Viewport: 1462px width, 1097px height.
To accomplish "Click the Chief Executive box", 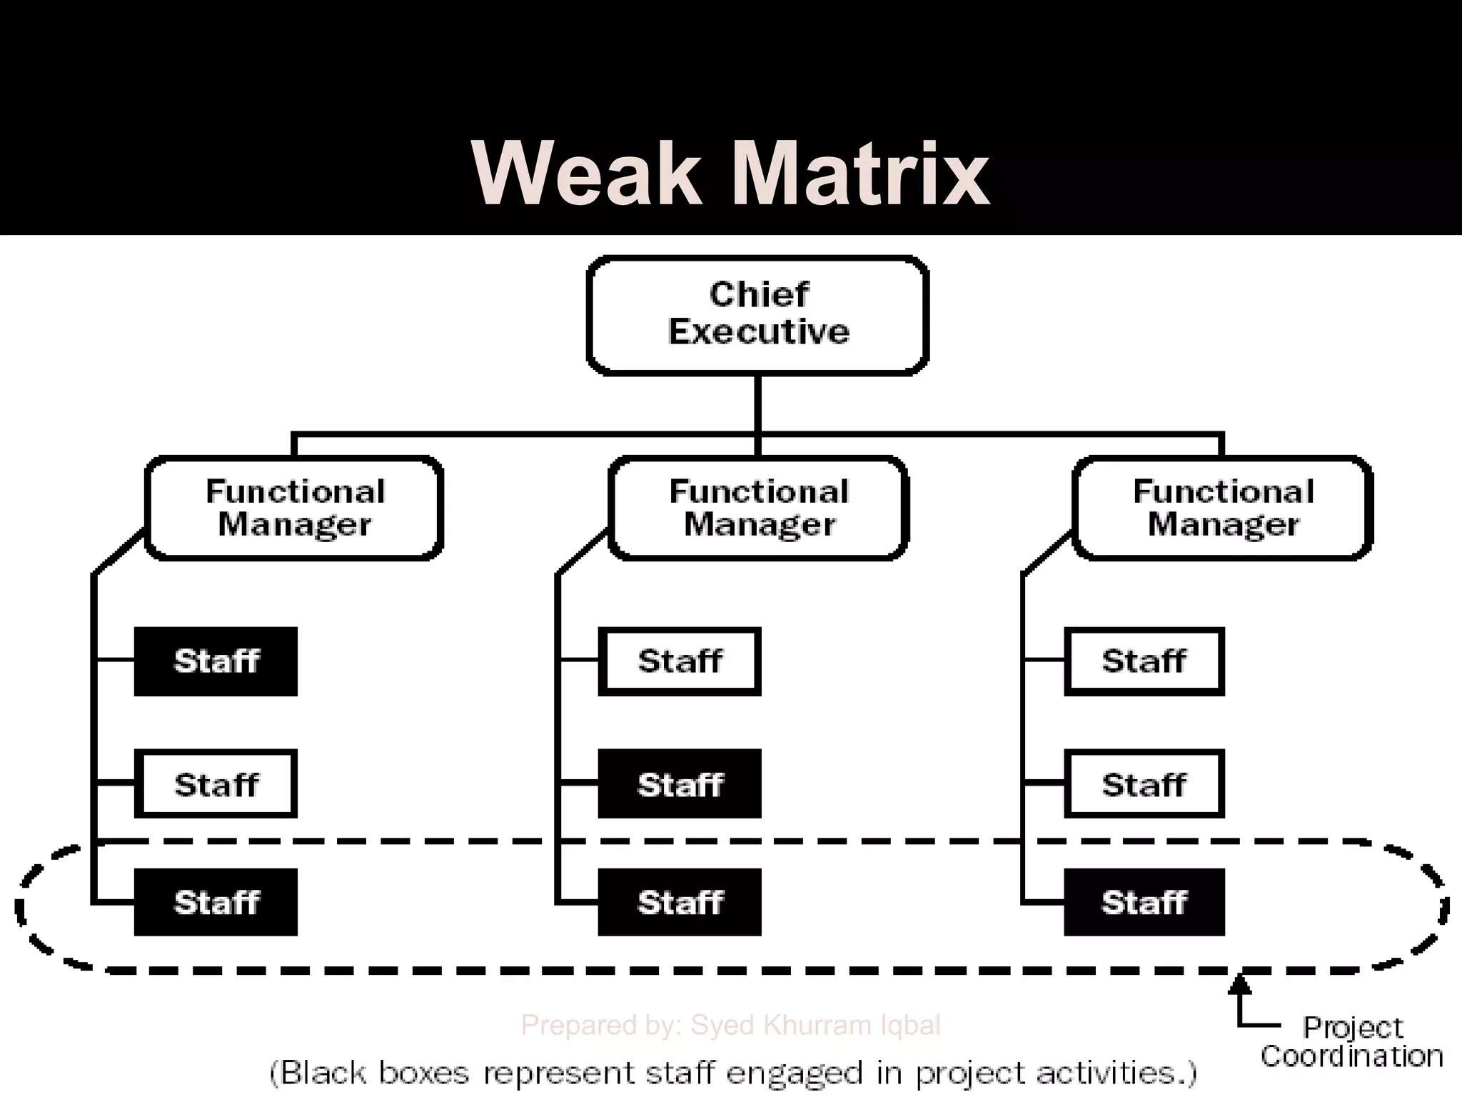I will tap(757, 314).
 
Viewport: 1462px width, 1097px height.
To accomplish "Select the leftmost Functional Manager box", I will tap(294, 508).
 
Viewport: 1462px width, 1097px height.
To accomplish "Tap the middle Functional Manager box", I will tap(758, 508).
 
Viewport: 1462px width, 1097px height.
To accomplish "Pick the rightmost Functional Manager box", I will tap(1222, 508).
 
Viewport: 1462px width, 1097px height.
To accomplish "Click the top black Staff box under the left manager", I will tap(216, 661).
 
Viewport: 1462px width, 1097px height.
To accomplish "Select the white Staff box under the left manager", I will tap(216, 783).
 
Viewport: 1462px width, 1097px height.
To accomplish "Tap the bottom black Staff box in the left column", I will tap(216, 902).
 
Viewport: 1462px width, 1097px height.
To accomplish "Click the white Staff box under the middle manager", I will tap(680, 661).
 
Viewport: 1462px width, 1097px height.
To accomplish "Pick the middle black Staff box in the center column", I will tap(680, 783).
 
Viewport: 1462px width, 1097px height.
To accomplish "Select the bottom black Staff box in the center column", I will tap(680, 902).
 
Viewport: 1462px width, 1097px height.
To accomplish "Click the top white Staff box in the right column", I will tap(1144, 661).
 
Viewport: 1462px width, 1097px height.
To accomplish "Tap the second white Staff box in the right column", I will tap(1144, 783).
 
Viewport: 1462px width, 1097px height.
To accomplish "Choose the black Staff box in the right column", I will tap(1144, 902).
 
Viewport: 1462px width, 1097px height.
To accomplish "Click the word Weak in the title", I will tap(587, 174).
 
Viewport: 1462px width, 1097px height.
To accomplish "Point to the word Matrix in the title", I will tap(860, 174).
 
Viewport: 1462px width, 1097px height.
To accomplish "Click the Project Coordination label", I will tap(1351, 1042).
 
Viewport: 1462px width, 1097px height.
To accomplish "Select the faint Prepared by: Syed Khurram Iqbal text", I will tap(730, 1025).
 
